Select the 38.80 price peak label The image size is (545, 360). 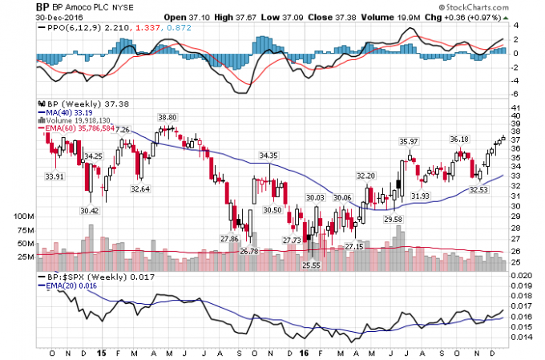pos(167,117)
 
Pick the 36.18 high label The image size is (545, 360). pos(459,139)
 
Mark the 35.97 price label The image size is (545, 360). pos(410,141)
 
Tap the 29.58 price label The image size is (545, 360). pos(393,219)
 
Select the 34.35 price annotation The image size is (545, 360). pos(268,155)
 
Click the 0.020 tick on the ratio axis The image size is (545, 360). pos(521,276)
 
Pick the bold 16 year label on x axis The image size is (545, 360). pos(303,351)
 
